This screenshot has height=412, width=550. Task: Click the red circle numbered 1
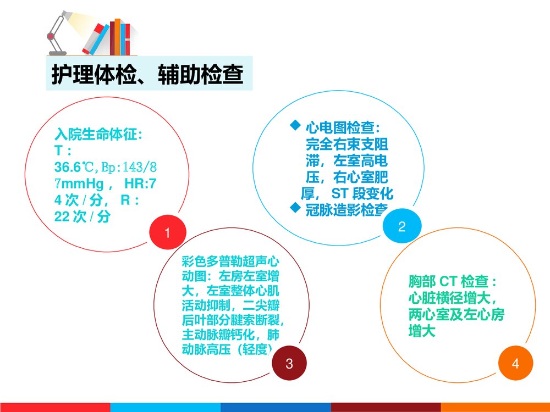pos(168,233)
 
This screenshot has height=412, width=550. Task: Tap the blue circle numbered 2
pos(402,226)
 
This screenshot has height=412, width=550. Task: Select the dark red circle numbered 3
pos(289,363)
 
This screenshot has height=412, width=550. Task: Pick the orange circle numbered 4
pos(515,363)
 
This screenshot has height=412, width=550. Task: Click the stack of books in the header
pos(113,37)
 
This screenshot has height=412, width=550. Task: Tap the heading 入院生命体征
pos(99,135)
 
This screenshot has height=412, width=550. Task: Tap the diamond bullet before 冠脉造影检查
pos(295,208)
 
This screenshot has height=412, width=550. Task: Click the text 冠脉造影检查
pos(347,210)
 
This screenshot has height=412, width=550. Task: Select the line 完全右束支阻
pos(346,144)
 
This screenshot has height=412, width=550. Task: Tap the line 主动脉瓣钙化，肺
pos(233,335)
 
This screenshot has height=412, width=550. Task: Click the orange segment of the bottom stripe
pos(495,407)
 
